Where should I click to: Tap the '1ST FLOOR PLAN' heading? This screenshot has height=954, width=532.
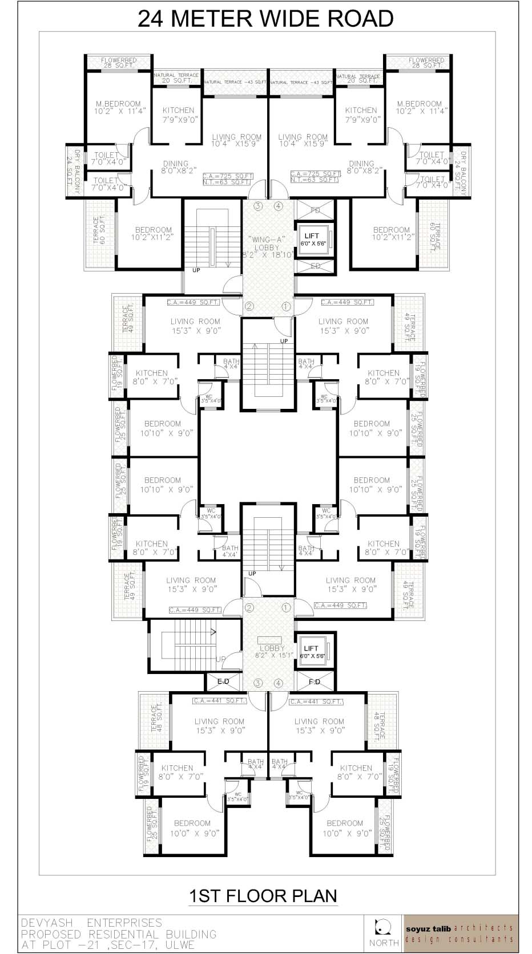(263, 895)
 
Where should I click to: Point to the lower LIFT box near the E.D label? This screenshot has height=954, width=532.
(312, 652)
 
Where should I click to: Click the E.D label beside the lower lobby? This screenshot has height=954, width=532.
(223, 682)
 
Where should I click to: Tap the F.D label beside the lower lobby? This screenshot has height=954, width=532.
(315, 682)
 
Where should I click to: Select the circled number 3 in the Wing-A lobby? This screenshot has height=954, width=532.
(258, 206)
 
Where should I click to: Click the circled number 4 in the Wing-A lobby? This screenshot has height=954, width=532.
(278, 206)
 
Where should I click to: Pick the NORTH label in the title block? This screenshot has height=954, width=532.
(384, 943)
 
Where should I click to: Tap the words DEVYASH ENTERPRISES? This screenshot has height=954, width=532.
(92, 923)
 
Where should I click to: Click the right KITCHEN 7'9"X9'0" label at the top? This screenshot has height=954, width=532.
(361, 115)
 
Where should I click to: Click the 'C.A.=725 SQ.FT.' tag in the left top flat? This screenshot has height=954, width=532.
(228, 175)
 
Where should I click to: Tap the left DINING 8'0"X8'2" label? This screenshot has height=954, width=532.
(175, 167)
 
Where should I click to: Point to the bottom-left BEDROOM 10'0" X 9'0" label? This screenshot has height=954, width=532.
(192, 827)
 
